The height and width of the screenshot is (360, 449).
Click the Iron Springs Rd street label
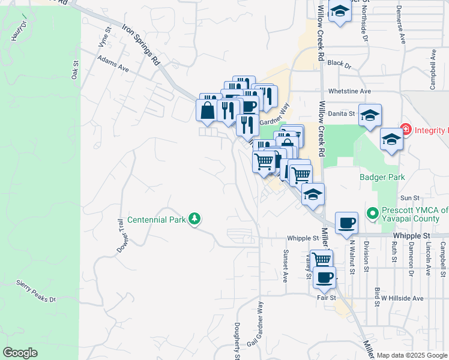tap(142, 44)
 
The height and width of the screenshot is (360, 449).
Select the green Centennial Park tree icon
tap(194, 219)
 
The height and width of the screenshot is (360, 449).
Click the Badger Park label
tap(382, 177)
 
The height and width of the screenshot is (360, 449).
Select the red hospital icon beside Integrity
tap(406, 130)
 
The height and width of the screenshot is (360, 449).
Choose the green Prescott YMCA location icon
tap(372, 212)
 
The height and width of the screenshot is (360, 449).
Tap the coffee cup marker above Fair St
tap(325, 277)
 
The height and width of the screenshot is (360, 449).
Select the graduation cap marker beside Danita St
tap(370, 114)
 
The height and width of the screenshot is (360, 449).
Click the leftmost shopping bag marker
tap(207, 110)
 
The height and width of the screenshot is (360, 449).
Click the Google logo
tap(20, 353)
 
